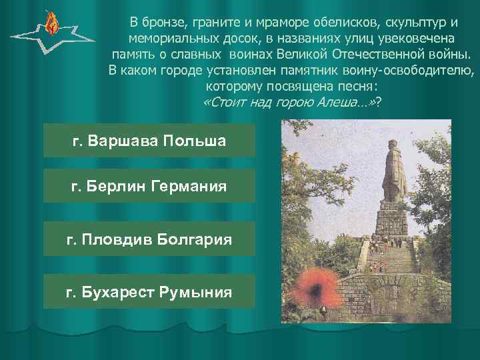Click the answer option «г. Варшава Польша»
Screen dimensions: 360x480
149,141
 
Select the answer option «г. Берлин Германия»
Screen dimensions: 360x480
149,186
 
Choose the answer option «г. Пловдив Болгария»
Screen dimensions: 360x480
149,239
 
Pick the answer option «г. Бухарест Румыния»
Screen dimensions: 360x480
149,291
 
